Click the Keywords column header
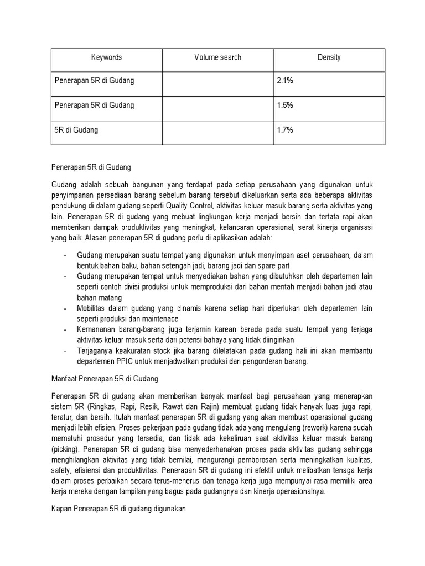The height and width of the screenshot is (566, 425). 106,57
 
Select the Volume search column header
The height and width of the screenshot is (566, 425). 217,57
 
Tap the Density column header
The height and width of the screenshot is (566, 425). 329,57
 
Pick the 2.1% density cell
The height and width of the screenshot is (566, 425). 285,81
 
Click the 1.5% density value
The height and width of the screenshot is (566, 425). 285,105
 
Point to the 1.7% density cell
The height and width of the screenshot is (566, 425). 285,130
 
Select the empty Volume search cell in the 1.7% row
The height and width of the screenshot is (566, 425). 217,130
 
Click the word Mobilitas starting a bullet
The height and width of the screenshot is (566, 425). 94,308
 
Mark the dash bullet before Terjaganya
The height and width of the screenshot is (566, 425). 65,351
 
